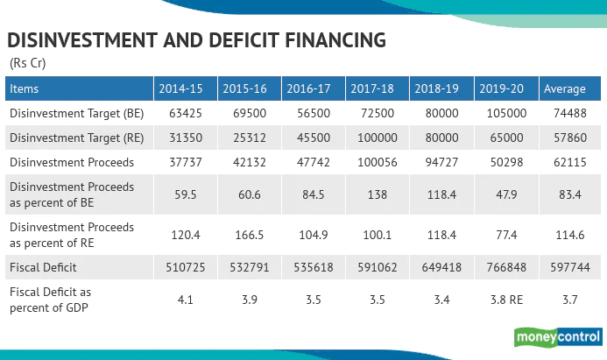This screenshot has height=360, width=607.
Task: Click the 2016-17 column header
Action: (311, 89)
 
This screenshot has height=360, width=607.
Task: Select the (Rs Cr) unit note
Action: (28, 63)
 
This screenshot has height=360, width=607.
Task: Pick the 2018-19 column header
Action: (438, 89)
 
